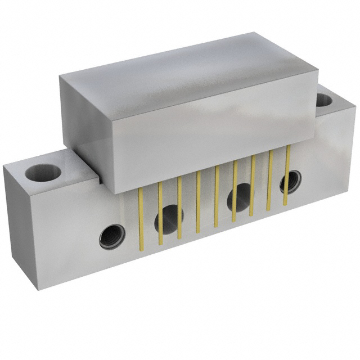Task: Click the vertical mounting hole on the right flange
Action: coord(325,101)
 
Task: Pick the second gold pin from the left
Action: coord(160,214)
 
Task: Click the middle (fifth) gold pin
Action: coord(217,197)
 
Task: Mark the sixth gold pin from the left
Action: coord(235,191)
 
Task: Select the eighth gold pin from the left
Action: coord(270,179)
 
